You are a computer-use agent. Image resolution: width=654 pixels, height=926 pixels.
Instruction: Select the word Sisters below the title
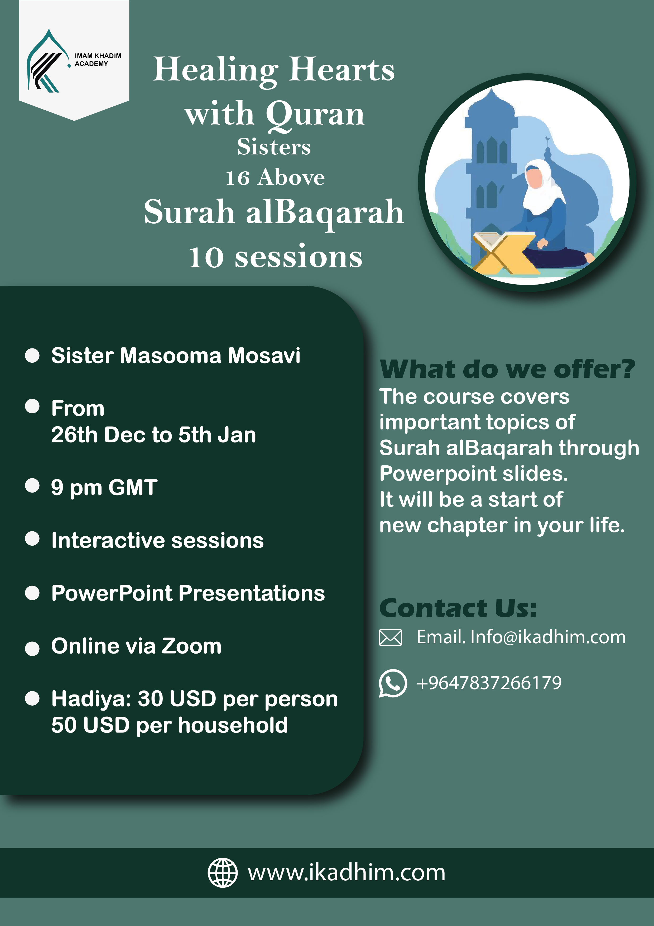coord(274,147)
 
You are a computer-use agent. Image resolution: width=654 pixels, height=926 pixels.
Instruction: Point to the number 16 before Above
coord(238,178)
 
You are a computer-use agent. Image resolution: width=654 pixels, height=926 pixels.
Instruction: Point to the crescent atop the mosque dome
coord(547,139)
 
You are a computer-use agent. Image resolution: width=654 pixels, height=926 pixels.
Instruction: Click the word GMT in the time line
coord(133,487)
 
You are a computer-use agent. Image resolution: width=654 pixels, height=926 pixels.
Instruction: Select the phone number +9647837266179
coord(489,683)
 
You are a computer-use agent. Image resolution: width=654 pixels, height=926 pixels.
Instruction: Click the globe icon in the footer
coord(222,872)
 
